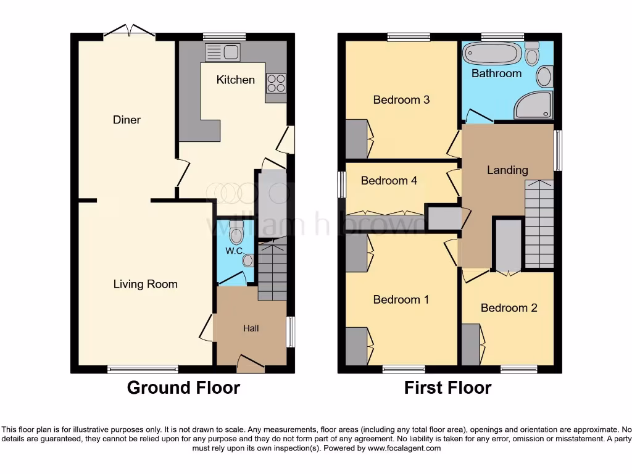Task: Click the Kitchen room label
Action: click(x=235, y=80)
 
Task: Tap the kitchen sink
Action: click(x=222, y=52)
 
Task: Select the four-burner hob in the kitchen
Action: click(x=275, y=83)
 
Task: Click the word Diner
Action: click(x=127, y=120)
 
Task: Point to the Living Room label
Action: click(x=145, y=284)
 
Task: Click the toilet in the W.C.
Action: click(x=236, y=234)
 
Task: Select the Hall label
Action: click(x=251, y=328)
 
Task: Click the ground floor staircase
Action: click(x=272, y=272)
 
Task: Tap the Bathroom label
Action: click(x=496, y=73)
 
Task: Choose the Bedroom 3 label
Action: click(x=401, y=99)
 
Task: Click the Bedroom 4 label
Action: click(x=389, y=181)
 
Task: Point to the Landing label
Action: click(x=507, y=170)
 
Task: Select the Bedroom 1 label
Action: click(x=401, y=299)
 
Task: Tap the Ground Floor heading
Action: click(x=183, y=388)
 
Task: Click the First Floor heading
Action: click(x=447, y=388)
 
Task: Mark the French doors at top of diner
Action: click(x=130, y=31)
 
